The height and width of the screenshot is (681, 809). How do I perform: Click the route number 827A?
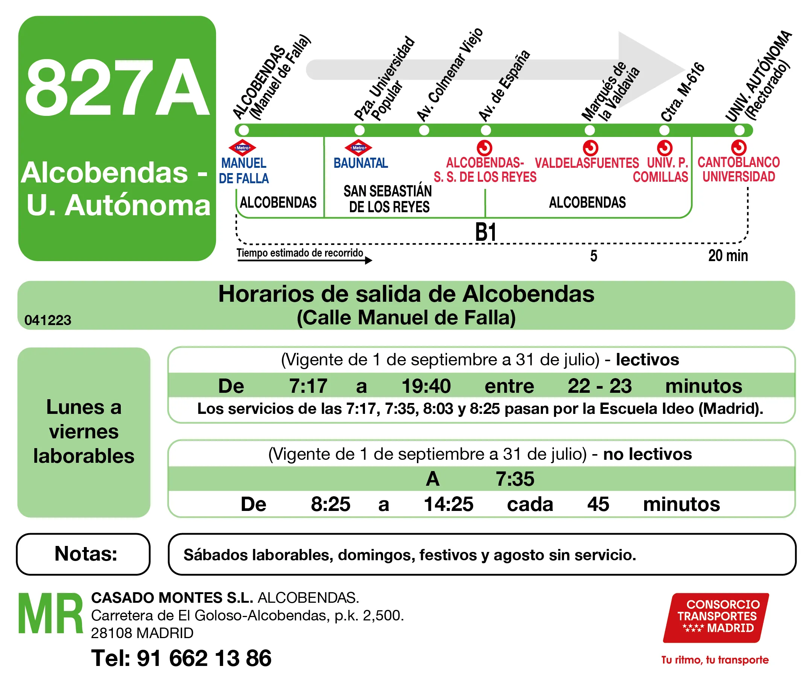coord(117,88)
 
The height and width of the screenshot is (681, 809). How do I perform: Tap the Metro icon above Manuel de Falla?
coord(242,148)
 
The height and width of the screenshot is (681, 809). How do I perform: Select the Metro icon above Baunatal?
coord(358,148)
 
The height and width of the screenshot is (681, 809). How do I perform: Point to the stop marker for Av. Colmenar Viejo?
coord(424,131)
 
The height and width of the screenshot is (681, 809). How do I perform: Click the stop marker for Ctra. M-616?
coord(664,131)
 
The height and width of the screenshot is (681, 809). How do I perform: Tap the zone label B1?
coord(485,233)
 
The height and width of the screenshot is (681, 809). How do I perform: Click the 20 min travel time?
coord(727,255)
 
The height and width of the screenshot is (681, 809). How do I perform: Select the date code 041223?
coord(48,320)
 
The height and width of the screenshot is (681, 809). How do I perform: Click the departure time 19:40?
coord(426,386)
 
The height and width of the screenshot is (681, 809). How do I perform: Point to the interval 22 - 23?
coord(599,386)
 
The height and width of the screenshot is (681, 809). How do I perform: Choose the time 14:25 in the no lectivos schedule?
coord(448,504)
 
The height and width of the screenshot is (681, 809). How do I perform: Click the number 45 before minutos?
coord(598,504)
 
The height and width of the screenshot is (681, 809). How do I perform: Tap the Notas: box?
coord(84,554)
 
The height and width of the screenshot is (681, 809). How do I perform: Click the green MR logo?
coord(50,614)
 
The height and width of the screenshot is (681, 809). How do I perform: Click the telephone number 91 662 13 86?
coord(204,658)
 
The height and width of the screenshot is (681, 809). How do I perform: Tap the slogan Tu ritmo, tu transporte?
coord(715,660)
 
